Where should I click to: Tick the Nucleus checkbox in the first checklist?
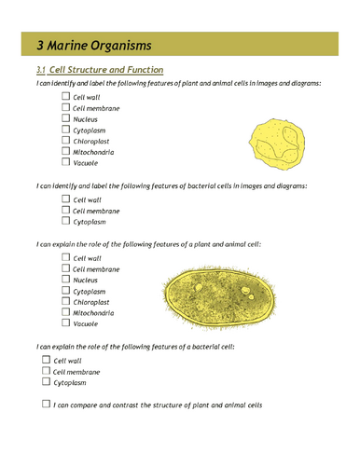point(65,118)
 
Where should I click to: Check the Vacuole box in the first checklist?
point(65,161)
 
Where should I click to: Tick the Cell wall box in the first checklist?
point(65,97)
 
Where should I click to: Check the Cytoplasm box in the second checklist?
point(65,221)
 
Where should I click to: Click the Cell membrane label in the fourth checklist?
point(77,371)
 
